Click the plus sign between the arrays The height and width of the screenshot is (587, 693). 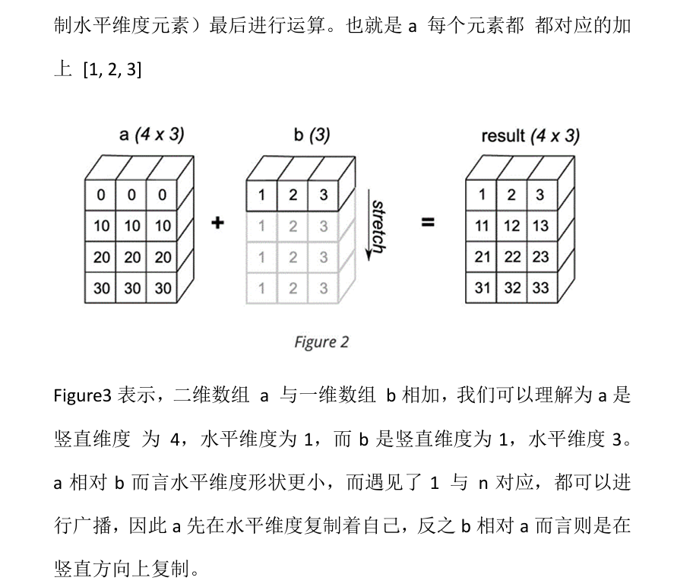coord(219,224)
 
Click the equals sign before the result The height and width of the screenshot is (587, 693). coord(429,224)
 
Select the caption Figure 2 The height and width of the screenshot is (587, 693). coord(321,341)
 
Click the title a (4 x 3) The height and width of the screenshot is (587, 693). coord(152,135)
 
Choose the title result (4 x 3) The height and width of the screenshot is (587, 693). coord(530,136)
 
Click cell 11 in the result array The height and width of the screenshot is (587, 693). coord(482,226)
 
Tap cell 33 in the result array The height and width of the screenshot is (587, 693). coord(540,288)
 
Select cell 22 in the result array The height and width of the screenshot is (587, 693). coord(512,257)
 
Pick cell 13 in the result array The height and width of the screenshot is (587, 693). coord(540,226)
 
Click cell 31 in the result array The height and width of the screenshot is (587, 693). coord(482,288)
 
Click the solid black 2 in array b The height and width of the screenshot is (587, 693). coord(293,195)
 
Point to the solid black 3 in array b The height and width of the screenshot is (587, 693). coord(323,195)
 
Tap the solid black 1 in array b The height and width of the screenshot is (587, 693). coord(262,195)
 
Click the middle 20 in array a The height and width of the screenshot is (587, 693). coord(132,257)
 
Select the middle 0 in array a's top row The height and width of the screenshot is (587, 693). coord(131,195)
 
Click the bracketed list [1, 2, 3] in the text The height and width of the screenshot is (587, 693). coord(112,70)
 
